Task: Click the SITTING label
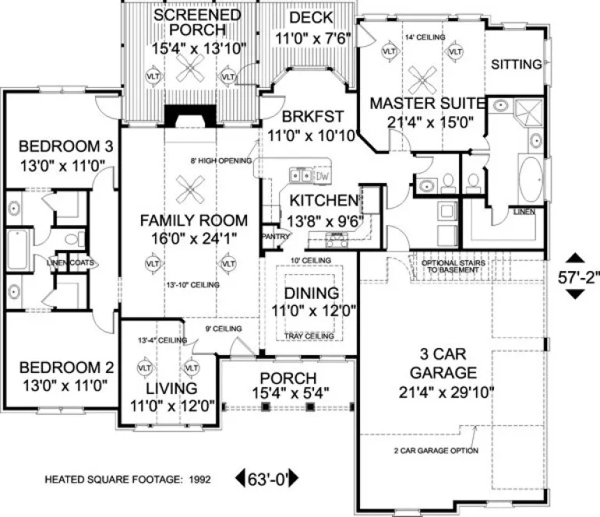pos(516,64)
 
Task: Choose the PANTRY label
pos(270,236)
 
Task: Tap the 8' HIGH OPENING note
pos(221,161)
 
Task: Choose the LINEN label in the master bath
pos(522,211)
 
